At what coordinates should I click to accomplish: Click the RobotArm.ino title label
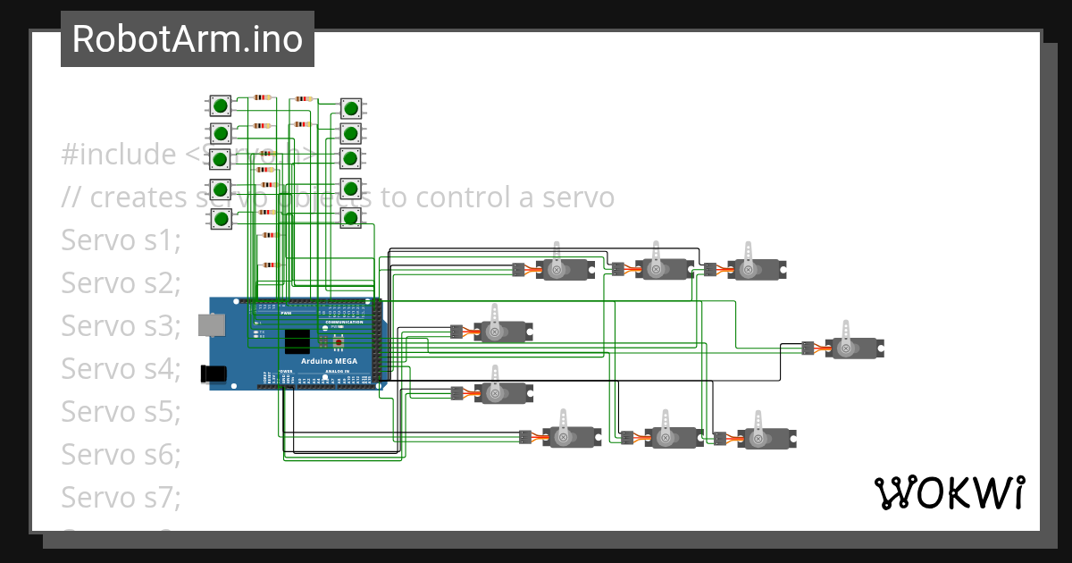pyautogui.click(x=187, y=39)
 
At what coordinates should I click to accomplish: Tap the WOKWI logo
pyautogui.click(x=948, y=493)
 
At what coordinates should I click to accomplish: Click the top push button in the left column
pyautogui.click(x=220, y=105)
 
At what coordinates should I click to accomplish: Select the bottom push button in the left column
pyautogui.click(x=220, y=219)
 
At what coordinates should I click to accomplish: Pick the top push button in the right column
pyautogui.click(x=351, y=109)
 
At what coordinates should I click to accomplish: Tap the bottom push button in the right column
pyautogui.click(x=351, y=218)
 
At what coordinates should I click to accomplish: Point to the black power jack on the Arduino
pyautogui.click(x=215, y=374)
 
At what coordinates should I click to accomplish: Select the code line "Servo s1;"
pyautogui.click(x=121, y=240)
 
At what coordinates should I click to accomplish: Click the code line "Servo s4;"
pyautogui.click(x=121, y=368)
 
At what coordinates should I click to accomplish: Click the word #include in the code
pyautogui.click(x=119, y=155)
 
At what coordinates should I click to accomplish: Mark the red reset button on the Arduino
pyautogui.click(x=339, y=342)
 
